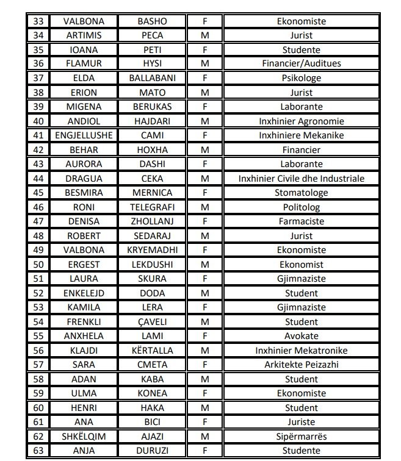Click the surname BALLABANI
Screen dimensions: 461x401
[x=152, y=78]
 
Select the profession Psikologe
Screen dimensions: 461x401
[x=302, y=78]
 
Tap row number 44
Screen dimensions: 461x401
[x=38, y=179]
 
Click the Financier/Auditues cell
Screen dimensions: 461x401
[x=302, y=63]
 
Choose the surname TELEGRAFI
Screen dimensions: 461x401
[x=152, y=207]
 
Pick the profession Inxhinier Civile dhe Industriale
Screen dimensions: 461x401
[x=302, y=179]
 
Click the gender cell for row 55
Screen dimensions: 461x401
[x=204, y=336]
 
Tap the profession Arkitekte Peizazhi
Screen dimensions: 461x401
[x=302, y=365]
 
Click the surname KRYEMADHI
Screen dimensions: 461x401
[x=152, y=250]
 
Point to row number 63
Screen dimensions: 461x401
[x=38, y=451]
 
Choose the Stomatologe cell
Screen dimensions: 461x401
[x=302, y=193]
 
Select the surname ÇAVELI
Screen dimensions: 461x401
[x=152, y=321]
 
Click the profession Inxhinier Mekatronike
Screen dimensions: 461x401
[x=302, y=351]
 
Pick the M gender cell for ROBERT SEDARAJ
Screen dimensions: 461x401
[x=204, y=236]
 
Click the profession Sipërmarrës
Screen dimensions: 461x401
[x=302, y=437]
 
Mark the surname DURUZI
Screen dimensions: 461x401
[x=152, y=451]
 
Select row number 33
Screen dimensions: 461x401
[x=38, y=21]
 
